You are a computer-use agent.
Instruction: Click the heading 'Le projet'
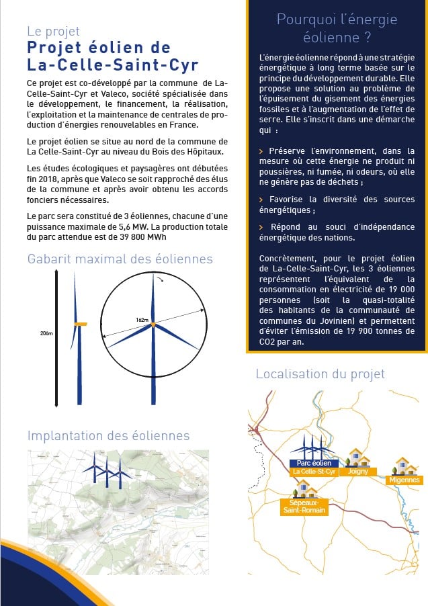(x=54, y=31)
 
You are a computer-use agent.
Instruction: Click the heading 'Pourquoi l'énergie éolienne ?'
(x=337, y=28)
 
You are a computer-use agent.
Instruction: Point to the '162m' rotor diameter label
(x=142, y=320)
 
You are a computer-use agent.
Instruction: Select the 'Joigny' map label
(x=357, y=472)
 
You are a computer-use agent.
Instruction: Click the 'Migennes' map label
(x=404, y=480)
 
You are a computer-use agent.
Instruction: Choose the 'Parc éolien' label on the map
(x=314, y=464)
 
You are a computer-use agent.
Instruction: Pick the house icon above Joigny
(x=357, y=458)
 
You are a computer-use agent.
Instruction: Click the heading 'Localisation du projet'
(x=320, y=374)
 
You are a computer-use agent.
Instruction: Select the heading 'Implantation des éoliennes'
(x=108, y=436)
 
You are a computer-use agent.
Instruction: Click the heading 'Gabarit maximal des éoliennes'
(x=120, y=259)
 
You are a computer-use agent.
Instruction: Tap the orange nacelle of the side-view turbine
(x=80, y=325)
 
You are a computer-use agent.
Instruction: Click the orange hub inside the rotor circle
(x=154, y=325)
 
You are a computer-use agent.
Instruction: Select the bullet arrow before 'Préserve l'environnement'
(x=261, y=152)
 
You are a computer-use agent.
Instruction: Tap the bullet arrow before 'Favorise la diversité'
(x=261, y=200)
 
